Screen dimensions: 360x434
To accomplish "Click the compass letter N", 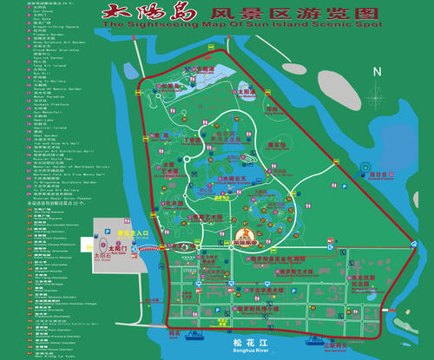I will coord(377,71).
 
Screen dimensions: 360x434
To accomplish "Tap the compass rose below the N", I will coord(377,95).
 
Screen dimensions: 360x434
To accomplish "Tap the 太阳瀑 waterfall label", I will coord(246,89).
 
